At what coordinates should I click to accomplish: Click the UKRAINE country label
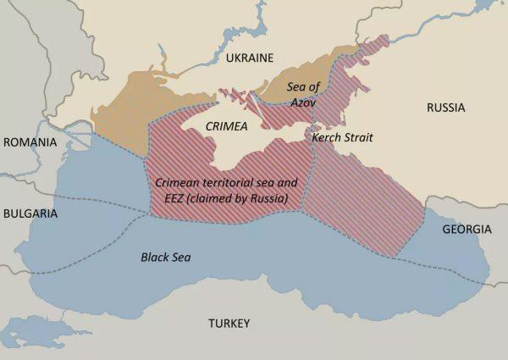tap(250, 58)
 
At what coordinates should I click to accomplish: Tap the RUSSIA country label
tap(445, 108)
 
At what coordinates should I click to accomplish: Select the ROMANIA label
tap(30, 142)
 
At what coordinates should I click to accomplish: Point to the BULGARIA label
tap(30, 213)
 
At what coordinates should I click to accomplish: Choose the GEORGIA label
tap(467, 230)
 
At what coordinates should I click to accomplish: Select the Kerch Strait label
tap(342, 137)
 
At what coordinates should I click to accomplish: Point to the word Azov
tap(303, 101)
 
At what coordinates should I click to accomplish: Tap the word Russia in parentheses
tap(267, 198)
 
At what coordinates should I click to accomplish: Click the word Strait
tap(356, 137)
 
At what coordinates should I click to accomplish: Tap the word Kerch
tap(325, 137)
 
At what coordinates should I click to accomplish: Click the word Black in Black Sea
tap(155, 255)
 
